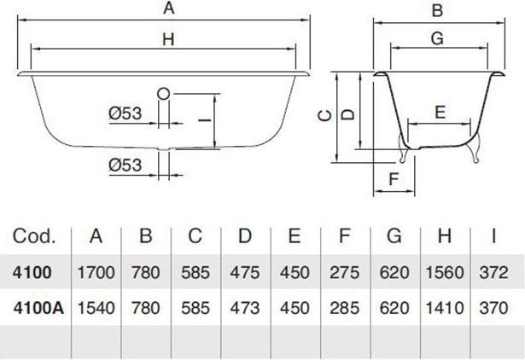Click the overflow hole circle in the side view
click(x=163, y=94)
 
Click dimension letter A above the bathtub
click(x=169, y=8)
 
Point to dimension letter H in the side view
click(x=168, y=39)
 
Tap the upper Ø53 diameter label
click(x=125, y=113)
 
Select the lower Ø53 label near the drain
click(x=125, y=165)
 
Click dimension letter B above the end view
click(x=438, y=10)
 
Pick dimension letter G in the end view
click(x=437, y=38)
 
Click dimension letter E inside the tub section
click(x=440, y=112)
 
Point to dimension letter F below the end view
click(x=394, y=179)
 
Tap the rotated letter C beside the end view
click(x=324, y=116)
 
